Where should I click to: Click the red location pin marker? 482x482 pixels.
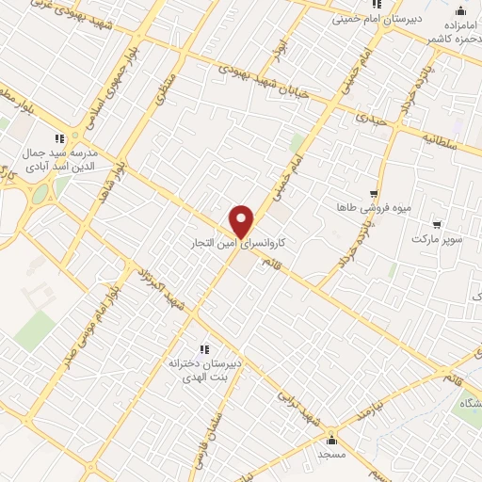point(242,221)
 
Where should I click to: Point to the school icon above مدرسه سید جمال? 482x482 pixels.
point(58,138)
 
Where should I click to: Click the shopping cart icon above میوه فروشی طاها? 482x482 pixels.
point(374,192)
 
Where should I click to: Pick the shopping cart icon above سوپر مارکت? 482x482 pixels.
point(437,224)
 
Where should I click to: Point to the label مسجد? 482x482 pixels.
point(330,455)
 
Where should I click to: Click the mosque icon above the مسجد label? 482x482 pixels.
point(330,440)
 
